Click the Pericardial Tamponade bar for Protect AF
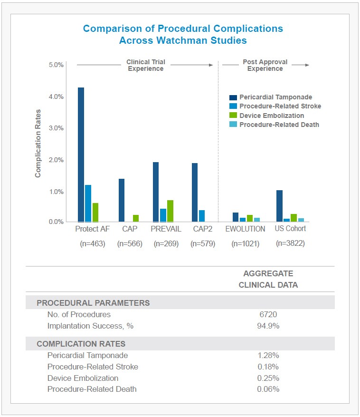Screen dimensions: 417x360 click(x=81, y=155)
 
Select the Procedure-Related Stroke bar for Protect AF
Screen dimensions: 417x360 click(x=88, y=203)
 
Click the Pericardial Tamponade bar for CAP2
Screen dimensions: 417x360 click(x=195, y=192)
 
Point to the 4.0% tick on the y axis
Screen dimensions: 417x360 click(x=56, y=97)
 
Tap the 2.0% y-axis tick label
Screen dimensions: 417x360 click(x=56, y=160)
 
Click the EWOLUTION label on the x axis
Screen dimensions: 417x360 click(x=245, y=229)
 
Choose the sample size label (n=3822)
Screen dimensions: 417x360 click(x=290, y=243)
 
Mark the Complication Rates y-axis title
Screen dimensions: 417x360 click(x=38, y=143)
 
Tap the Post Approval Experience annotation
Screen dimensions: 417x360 click(x=265, y=65)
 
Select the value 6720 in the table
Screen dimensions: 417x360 click(x=268, y=314)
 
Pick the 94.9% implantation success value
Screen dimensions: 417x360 click(x=268, y=326)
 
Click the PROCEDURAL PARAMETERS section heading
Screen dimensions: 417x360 click(x=93, y=303)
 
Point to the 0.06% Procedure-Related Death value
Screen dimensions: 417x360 click(x=268, y=389)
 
